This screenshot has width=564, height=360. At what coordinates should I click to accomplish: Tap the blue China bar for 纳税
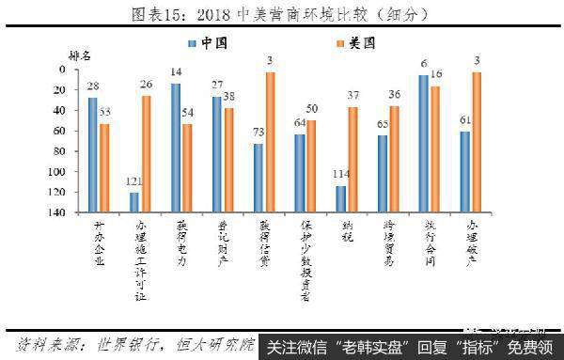(339, 199)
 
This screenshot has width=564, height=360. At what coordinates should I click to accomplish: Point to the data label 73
(257, 134)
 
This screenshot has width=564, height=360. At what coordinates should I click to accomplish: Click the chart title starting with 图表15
(282, 14)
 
